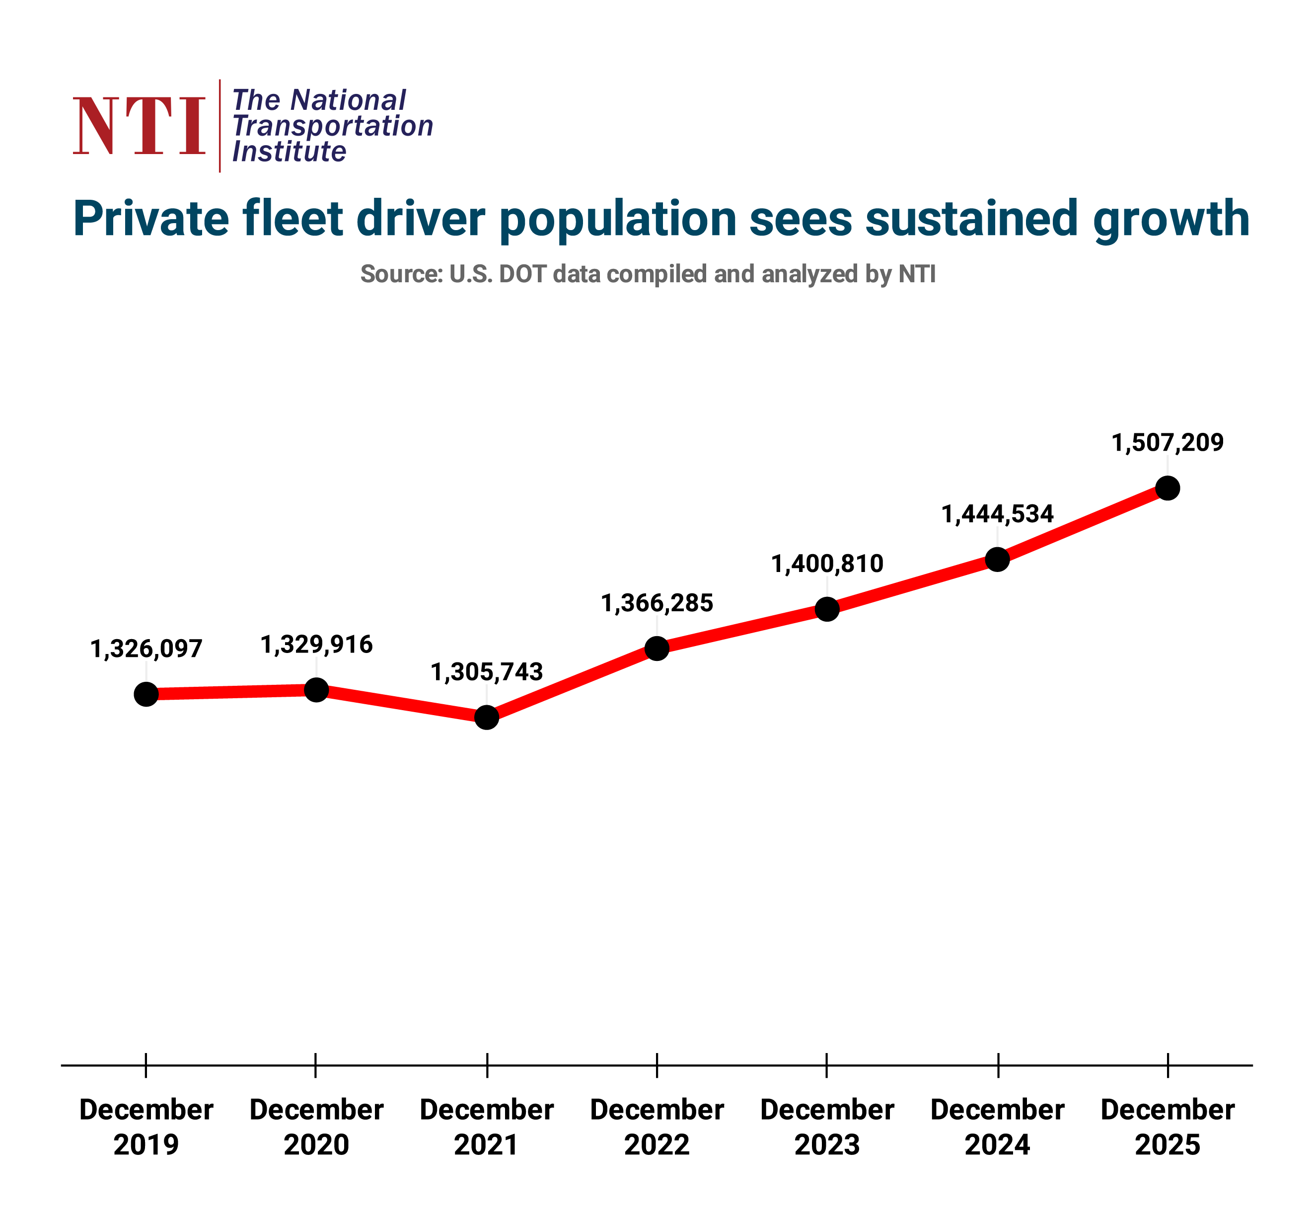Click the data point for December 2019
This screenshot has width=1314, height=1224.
146,694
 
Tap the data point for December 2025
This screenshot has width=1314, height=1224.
1168,488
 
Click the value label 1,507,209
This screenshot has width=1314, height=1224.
1168,442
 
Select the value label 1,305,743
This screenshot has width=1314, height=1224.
487,672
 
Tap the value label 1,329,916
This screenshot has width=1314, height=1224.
317,644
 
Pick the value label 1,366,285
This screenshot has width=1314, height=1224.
657,603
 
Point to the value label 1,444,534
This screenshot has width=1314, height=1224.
997,514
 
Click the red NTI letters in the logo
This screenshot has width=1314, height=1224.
139,126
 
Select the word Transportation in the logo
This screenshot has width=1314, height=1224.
332,126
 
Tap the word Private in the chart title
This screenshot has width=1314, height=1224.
150,218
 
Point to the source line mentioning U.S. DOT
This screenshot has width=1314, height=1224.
648,274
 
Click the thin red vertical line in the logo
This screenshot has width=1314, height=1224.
219,126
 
